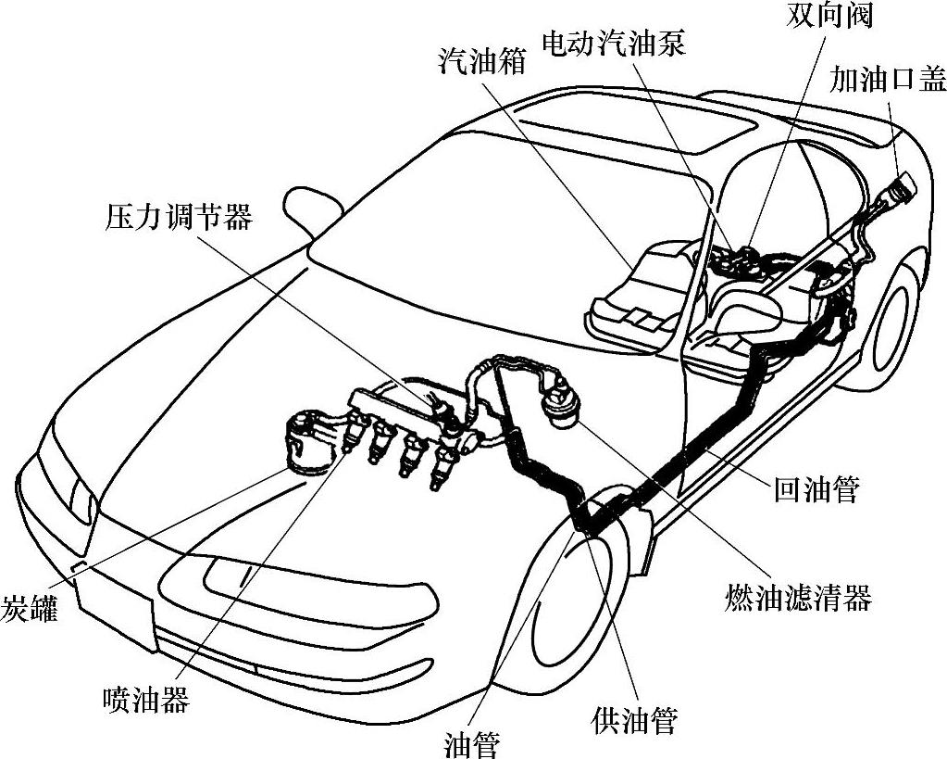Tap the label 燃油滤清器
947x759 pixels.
797,598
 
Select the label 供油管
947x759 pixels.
634,720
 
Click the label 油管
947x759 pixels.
472,742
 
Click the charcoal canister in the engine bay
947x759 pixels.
307,444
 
